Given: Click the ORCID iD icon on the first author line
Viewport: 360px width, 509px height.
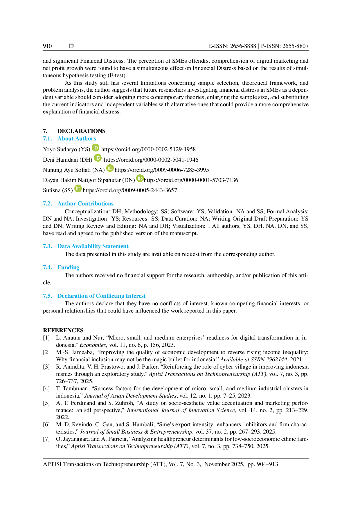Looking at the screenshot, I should pos(96,148).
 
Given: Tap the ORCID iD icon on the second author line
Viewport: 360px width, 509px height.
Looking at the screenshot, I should pos(98,158).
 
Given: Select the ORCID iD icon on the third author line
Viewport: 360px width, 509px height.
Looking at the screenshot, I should pos(110,168).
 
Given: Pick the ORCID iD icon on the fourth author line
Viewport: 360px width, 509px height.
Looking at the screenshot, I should pos(140,178).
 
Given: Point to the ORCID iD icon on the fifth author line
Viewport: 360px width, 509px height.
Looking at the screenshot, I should pos(78,189).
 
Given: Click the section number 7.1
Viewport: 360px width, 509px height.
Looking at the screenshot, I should pos(48,139).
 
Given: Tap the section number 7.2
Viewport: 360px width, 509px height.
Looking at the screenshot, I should pos(48,204).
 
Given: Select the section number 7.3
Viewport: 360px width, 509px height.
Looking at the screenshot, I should pos(48,246).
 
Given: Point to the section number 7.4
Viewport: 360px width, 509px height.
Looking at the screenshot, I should pos(48,268).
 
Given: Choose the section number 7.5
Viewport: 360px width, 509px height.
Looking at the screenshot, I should pos(48,296).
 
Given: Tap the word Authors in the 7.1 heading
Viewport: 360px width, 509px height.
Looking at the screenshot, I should pos(86,139).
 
